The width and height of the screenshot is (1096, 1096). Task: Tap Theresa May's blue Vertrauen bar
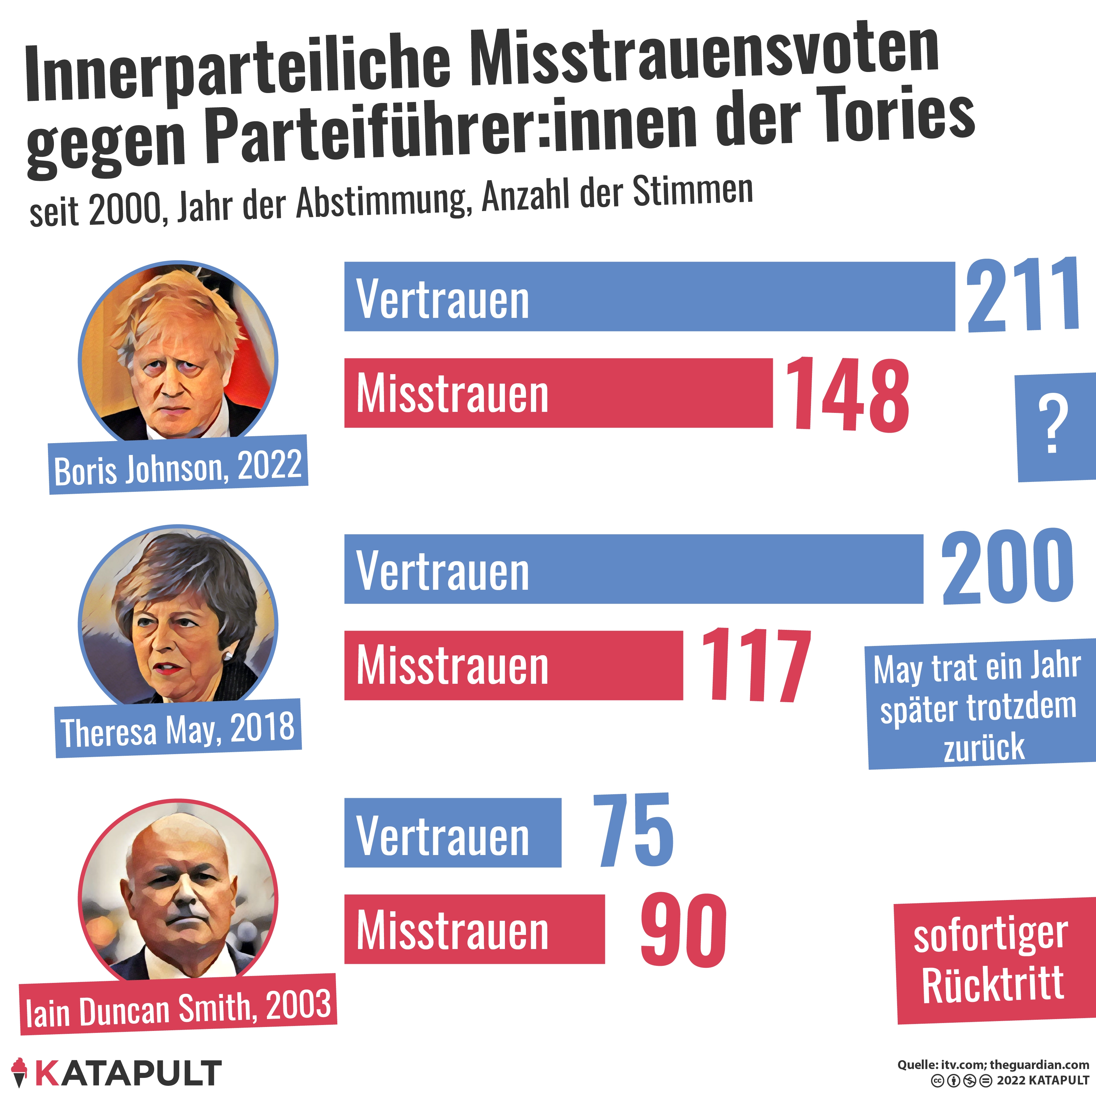point(634,569)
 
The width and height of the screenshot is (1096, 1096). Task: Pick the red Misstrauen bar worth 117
point(513,665)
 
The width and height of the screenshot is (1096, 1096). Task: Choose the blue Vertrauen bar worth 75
point(453,833)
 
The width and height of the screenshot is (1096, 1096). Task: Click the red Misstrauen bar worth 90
point(474,929)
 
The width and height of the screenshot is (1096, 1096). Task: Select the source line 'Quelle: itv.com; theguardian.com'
point(993,1065)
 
